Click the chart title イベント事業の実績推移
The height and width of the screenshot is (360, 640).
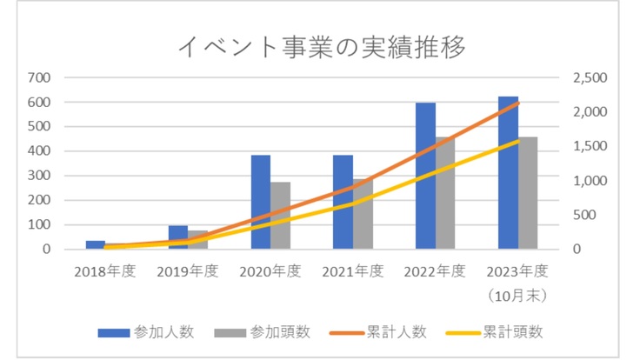[x=321, y=46]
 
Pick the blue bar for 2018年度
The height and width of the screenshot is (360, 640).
[x=96, y=244]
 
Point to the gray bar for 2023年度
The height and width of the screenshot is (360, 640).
[x=528, y=193]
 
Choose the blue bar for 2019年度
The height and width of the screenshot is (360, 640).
[x=178, y=237]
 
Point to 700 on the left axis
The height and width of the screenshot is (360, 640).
[x=39, y=77]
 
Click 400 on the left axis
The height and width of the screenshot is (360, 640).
[x=39, y=151]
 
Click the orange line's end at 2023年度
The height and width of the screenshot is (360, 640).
[x=518, y=103]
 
